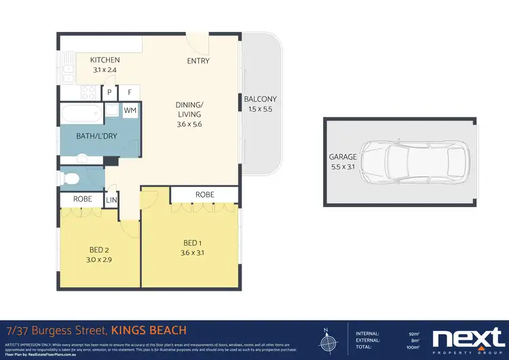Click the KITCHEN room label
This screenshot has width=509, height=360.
point(105,60)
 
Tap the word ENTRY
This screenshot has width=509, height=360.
point(198,61)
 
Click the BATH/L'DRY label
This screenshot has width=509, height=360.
point(96,137)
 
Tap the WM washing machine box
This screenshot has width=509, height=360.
point(130,111)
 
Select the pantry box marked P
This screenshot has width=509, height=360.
point(109,92)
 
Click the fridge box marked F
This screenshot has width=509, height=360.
point(130,92)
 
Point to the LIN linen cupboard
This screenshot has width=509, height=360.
point(111,201)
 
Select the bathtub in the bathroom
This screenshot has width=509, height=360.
point(81,113)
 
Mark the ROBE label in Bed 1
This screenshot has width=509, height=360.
point(204,195)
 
